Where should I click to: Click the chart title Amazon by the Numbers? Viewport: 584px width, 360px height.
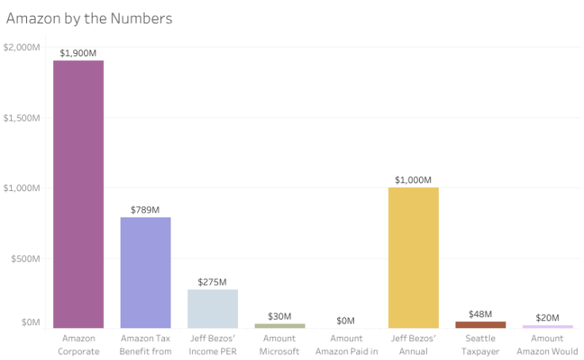[89, 18]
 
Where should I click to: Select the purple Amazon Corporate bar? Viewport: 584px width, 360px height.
[78, 194]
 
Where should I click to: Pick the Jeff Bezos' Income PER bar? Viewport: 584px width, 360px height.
[213, 308]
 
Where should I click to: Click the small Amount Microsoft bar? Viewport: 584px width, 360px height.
[279, 325]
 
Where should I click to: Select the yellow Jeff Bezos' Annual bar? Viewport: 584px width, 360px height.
[413, 258]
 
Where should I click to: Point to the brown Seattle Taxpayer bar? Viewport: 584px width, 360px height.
[480, 324]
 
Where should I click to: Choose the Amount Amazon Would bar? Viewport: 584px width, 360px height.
[547, 326]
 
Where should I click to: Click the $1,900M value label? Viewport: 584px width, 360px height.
[78, 53]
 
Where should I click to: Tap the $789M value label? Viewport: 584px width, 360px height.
[145, 210]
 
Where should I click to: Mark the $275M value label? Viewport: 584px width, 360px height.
[213, 282]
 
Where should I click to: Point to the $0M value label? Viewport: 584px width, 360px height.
[346, 320]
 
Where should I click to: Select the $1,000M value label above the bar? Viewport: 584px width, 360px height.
[413, 180]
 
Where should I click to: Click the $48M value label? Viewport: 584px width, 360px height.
[480, 314]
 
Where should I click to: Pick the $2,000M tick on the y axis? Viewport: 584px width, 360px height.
[21, 47]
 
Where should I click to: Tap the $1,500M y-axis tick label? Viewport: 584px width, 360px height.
[21, 117]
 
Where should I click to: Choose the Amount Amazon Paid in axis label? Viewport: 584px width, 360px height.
[347, 344]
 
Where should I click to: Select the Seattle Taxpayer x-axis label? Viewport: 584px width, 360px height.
[480, 344]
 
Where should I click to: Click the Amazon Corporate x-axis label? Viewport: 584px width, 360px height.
[79, 344]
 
